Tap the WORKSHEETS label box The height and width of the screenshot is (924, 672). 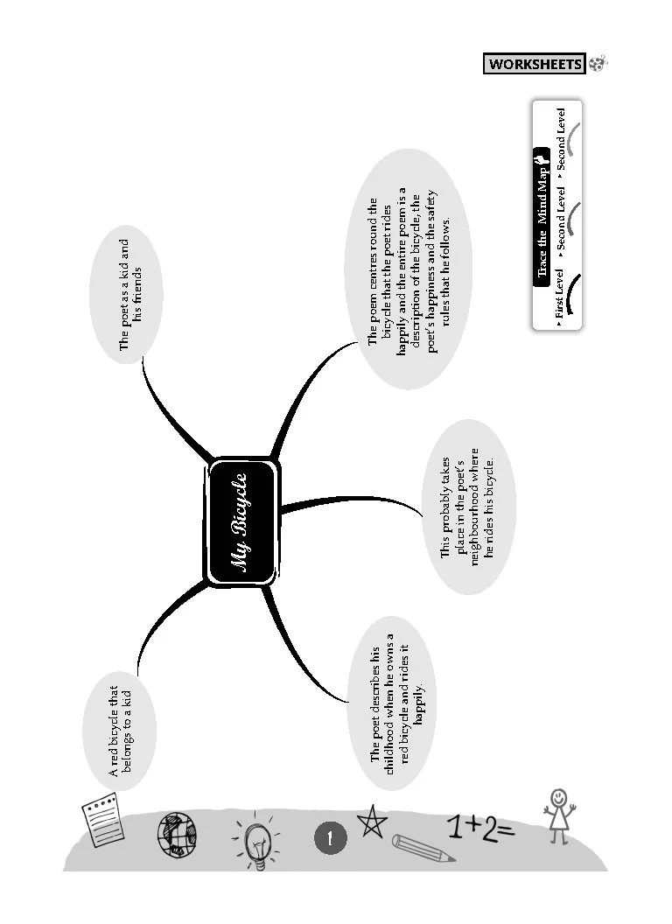[534, 64]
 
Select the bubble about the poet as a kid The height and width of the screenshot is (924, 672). [130, 295]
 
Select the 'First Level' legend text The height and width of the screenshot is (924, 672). [559, 301]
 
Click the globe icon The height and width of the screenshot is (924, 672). [176, 835]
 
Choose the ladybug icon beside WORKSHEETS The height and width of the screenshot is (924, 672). [598, 63]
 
